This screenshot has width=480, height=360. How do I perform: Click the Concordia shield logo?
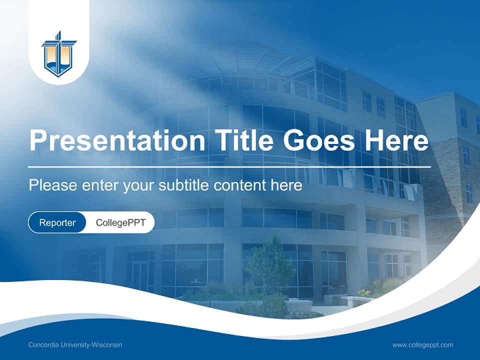[59, 54]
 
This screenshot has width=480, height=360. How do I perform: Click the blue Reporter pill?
[57, 222]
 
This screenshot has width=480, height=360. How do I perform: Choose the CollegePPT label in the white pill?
[120, 222]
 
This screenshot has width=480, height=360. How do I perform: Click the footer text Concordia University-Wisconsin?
[75, 345]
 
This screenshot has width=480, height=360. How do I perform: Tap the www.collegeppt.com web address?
[422, 345]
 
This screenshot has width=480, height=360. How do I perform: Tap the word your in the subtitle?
[139, 186]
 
